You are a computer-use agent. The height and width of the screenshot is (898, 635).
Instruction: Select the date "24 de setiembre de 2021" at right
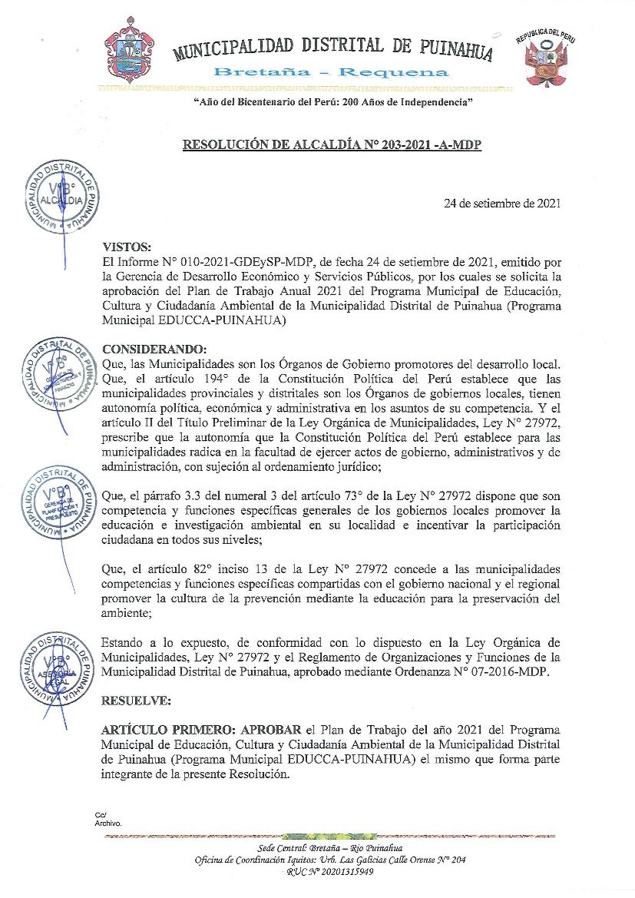502,204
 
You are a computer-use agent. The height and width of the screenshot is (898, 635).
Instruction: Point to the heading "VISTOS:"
127,247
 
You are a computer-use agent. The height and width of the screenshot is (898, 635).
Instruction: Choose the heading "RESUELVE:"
137,701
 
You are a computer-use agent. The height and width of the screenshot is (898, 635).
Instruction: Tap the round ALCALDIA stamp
63,198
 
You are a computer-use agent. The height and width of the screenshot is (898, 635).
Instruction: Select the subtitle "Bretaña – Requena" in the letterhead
331,73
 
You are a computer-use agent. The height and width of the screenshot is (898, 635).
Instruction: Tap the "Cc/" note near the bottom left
100,815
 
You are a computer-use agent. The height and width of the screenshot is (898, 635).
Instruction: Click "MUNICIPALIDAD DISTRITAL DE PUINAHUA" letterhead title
332,48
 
